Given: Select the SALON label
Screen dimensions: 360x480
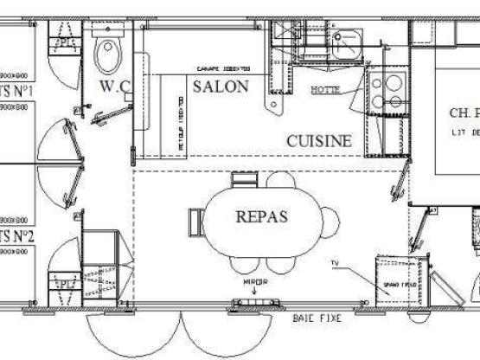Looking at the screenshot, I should [x=221, y=87].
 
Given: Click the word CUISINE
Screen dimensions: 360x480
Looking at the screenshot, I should [x=319, y=141].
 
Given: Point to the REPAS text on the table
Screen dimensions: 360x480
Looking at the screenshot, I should [x=261, y=217].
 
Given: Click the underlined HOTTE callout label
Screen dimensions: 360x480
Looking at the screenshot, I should [x=325, y=90].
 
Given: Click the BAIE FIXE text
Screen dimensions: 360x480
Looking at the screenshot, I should [x=317, y=318].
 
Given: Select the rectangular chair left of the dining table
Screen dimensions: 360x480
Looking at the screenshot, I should [x=195, y=218].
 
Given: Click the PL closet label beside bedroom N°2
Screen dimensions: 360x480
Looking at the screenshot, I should [x=65, y=282].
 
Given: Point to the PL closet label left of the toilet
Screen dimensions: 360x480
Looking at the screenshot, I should [x=65, y=42].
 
